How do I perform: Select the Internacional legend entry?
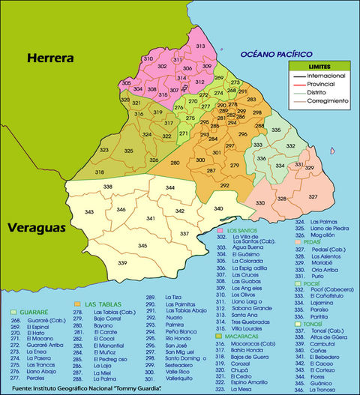click(325, 76)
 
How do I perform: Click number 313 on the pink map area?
click(201, 46)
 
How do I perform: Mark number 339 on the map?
click(123, 263)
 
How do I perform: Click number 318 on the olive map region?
click(100, 172)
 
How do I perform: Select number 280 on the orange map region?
click(175, 162)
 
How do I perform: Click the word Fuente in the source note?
click(22, 388)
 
